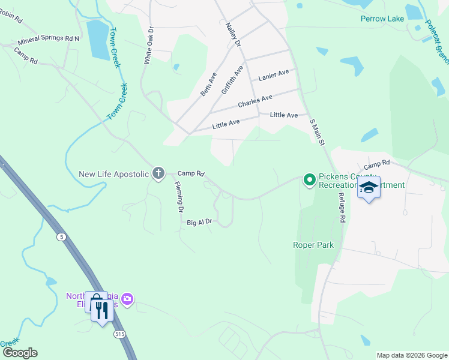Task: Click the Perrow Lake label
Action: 382,19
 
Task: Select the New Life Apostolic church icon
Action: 158,174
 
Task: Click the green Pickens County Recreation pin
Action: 310,180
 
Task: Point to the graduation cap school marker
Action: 369,187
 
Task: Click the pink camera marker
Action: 127,299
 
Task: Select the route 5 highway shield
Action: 61,237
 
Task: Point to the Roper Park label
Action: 313,245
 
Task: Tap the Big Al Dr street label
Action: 199,222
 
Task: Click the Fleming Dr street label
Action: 179,199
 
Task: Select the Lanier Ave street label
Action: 274,75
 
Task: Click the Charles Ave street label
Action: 255,101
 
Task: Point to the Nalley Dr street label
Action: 233,35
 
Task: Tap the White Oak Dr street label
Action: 149,45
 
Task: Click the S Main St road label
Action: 317,133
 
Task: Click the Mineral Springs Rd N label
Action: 49,40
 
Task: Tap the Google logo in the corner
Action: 19,353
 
